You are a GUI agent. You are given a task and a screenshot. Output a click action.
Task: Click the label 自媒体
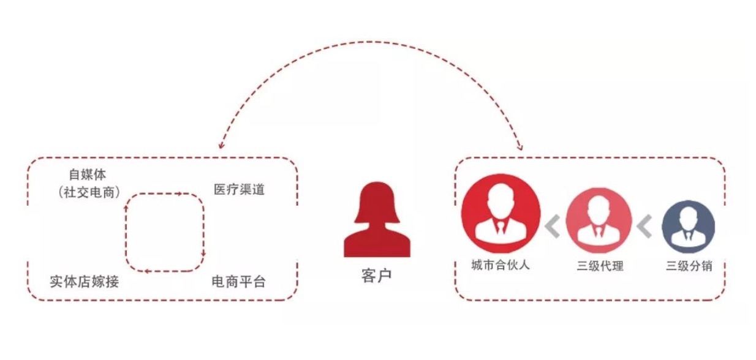coord(87,174)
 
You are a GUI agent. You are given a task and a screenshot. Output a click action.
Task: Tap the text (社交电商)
coord(89,192)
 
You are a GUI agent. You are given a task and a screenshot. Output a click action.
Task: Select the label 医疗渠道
coord(239,189)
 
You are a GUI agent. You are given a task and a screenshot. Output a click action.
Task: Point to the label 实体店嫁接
coord(85,282)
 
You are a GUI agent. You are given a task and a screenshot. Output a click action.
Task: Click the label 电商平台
coord(238,282)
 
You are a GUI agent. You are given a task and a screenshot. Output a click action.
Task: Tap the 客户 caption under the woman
coord(377,276)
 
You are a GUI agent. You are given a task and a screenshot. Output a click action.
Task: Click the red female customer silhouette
coord(377,220)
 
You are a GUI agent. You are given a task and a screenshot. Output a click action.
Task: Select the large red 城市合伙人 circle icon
coord(501,214)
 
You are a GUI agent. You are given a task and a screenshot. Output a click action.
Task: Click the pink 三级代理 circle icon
coord(599,220)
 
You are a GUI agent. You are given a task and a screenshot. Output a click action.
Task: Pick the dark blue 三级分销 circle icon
coord(688,227)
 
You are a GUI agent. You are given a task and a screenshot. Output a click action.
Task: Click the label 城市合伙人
coord(501,265)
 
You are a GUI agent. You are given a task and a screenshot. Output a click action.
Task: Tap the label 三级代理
coord(600,266)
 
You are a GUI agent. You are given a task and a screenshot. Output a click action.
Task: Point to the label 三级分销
coord(689,266)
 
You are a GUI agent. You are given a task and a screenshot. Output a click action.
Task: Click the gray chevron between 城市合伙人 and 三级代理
coord(552,227)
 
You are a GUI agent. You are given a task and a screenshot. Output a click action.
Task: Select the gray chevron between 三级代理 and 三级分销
coord(644,227)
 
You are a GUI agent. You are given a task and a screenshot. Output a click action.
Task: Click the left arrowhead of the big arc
coord(221,145)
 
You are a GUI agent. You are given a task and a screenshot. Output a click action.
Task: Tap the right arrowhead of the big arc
coord(520,146)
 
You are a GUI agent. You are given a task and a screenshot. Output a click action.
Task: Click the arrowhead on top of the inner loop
coord(180,194)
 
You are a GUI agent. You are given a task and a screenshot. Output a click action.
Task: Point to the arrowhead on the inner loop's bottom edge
coord(147,271)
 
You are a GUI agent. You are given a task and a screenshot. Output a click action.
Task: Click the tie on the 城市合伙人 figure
coord(501,227)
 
